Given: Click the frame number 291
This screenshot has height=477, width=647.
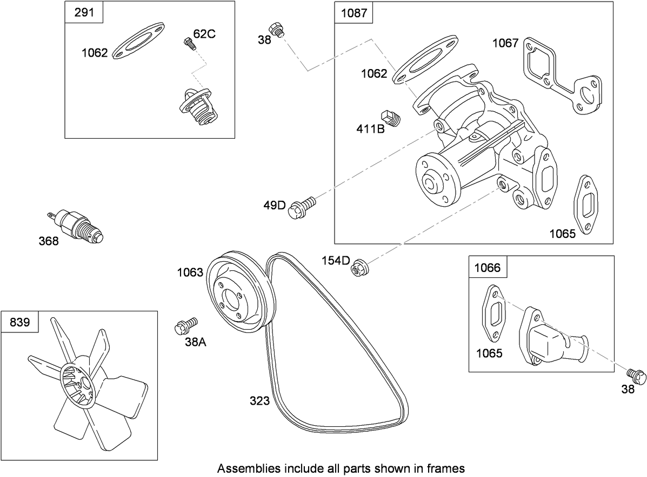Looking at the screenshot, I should (x=84, y=12).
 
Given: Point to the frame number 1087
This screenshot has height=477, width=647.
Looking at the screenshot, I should (x=354, y=13).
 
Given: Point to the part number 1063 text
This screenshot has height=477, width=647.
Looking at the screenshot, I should (x=190, y=272).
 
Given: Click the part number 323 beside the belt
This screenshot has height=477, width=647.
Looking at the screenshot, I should (x=260, y=401).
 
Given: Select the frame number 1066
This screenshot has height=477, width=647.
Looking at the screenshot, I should (x=488, y=267).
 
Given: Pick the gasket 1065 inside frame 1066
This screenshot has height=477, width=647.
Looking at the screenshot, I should (x=493, y=314).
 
